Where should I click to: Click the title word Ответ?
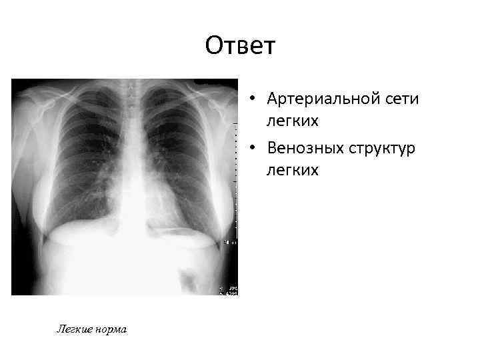(240, 47)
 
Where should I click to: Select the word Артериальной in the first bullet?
(320, 99)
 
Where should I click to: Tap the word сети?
(400, 99)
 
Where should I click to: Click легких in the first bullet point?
(293, 122)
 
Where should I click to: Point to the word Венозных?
(306, 147)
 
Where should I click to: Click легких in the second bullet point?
(293, 171)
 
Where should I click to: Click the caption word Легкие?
(74, 329)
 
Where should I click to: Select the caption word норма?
(110, 329)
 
